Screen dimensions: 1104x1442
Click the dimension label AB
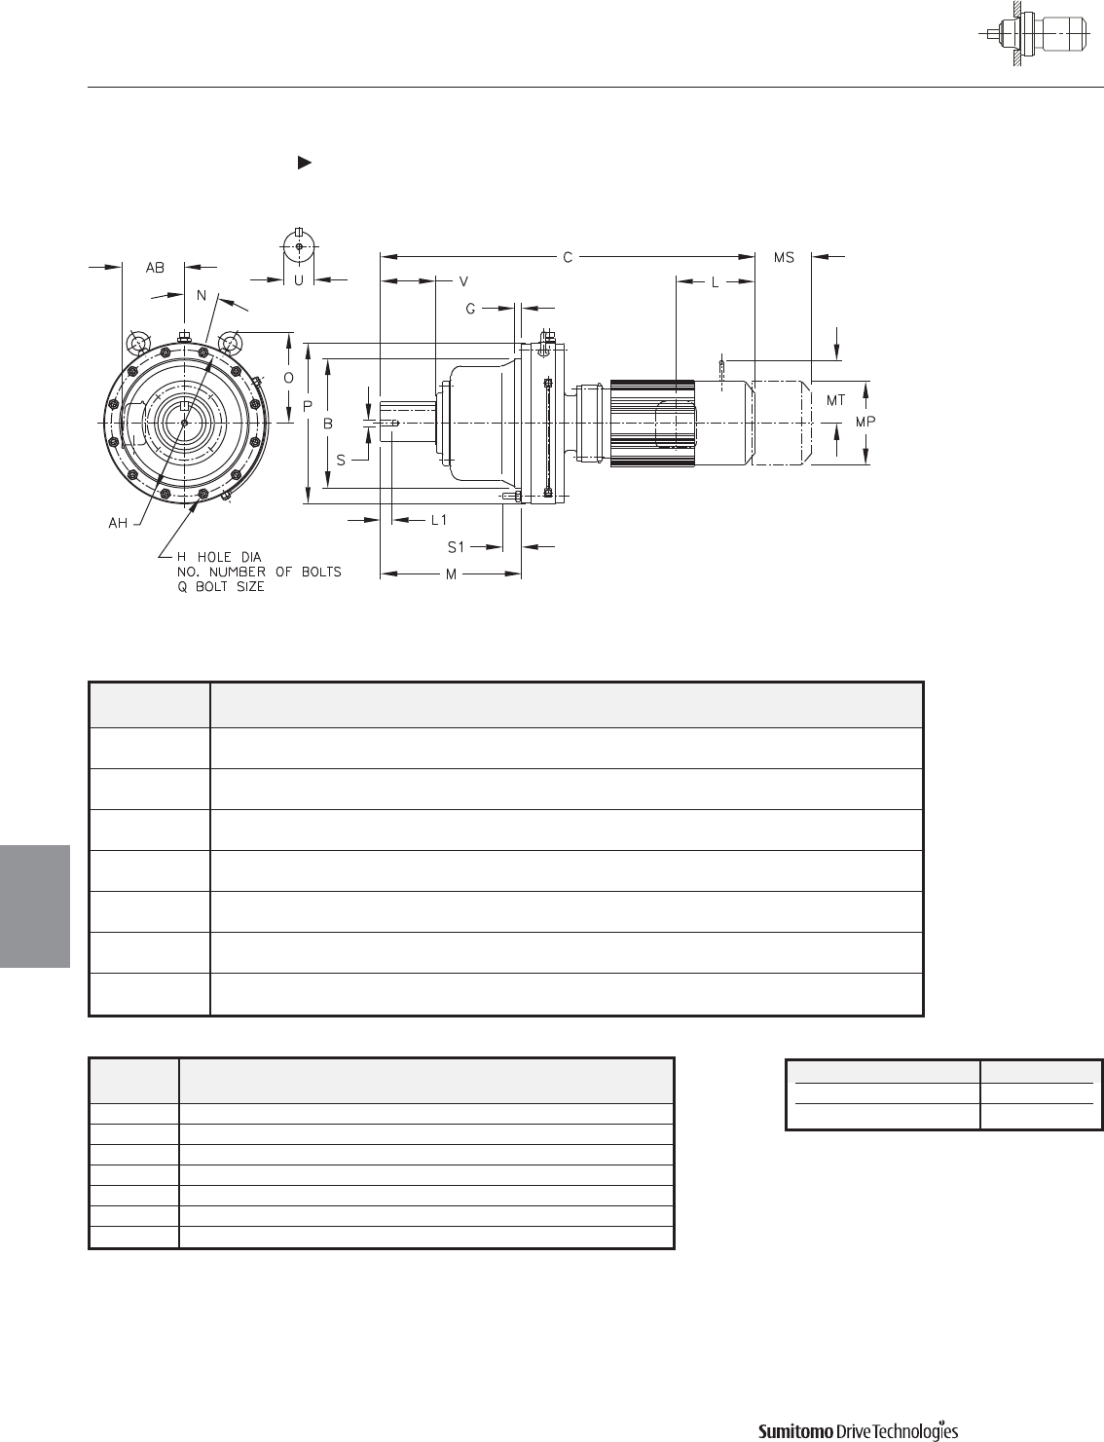[x=155, y=268]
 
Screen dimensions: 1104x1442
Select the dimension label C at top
[x=568, y=257]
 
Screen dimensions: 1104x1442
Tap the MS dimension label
[x=784, y=257]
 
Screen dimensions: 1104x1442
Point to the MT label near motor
[x=835, y=400]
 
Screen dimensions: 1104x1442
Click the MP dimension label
[x=865, y=422]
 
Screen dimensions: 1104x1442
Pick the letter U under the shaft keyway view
[x=299, y=280]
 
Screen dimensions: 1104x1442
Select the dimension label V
[x=463, y=282]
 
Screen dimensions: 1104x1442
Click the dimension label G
[x=470, y=309]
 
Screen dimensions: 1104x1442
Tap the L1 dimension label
[x=439, y=520]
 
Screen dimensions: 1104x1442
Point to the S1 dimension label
[x=456, y=547]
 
